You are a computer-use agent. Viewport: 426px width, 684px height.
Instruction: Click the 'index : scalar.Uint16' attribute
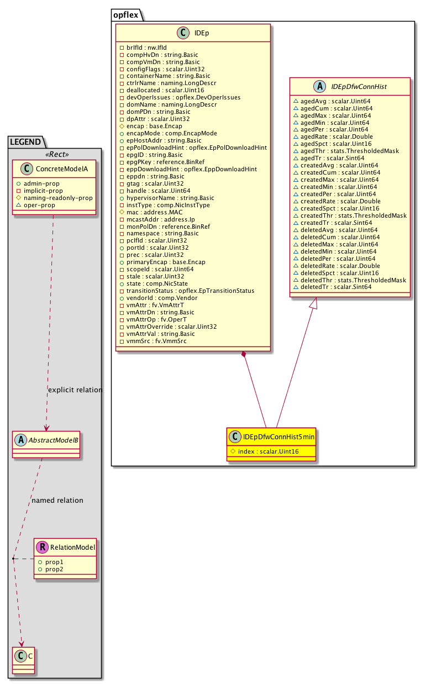click(x=268, y=451)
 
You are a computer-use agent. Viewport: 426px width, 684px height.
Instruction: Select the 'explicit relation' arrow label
click(x=75, y=390)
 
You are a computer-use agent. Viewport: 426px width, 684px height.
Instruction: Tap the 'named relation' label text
click(x=57, y=500)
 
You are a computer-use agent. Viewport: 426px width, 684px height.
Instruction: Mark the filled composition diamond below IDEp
click(x=243, y=354)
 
